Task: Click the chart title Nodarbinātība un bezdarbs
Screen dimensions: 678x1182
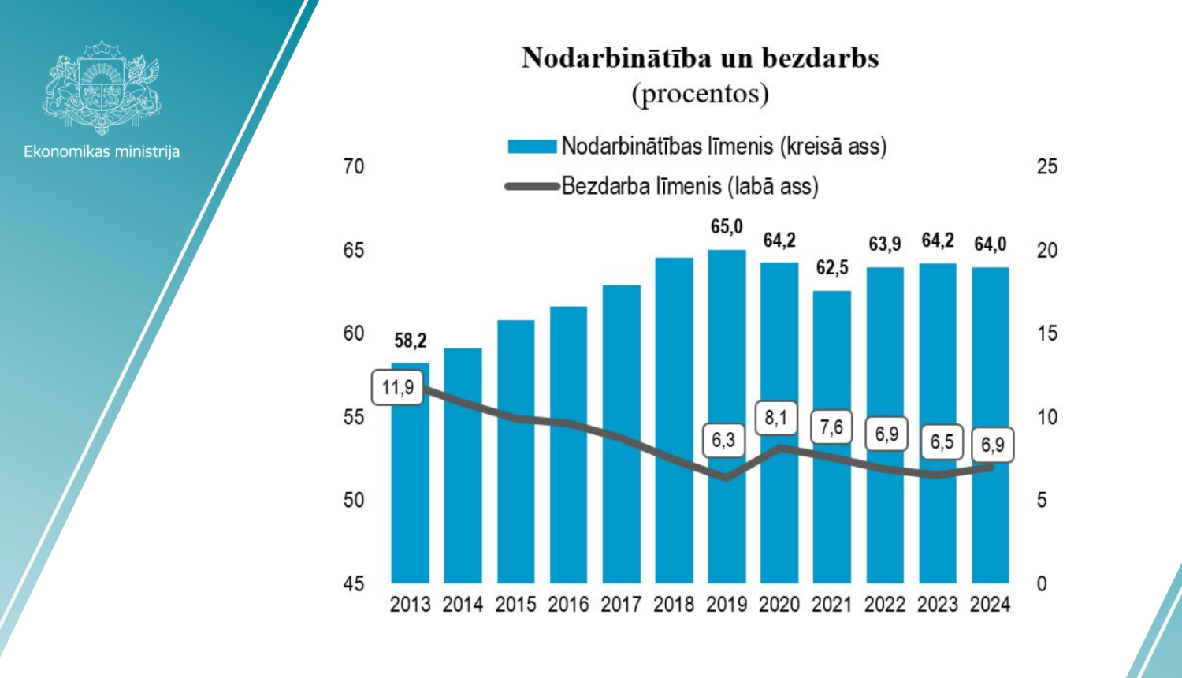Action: [x=700, y=58]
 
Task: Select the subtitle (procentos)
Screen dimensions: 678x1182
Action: [x=700, y=94]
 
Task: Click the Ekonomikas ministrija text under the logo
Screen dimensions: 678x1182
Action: [x=102, y=151]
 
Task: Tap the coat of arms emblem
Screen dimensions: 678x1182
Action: [x=102, y=87]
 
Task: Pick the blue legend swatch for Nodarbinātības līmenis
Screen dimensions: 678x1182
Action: [x=532, y=147]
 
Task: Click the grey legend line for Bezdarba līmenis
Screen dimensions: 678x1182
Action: [x=532, y=187]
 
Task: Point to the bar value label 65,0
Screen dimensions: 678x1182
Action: [x=727, y=227]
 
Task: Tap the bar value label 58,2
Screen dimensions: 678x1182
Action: [x=411, y=341]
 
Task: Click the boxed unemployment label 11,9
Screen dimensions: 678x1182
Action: [x=398, y=388]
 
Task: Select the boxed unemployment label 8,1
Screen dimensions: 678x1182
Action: [x=776, y=417]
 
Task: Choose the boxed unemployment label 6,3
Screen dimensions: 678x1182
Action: [x=723, y=440]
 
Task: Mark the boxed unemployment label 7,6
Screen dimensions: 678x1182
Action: [x=831, y=427]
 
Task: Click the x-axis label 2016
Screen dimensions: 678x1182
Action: [x=568, y=605]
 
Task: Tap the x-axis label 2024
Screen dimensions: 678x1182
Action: [x=990, y=605]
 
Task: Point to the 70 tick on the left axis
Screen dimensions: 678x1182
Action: [x=354, y=166]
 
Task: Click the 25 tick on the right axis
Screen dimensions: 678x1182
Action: [x=1046, y=166]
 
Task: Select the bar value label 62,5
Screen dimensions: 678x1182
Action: [x=832, y=268]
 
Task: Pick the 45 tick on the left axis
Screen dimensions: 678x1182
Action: [x=354, y=584]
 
